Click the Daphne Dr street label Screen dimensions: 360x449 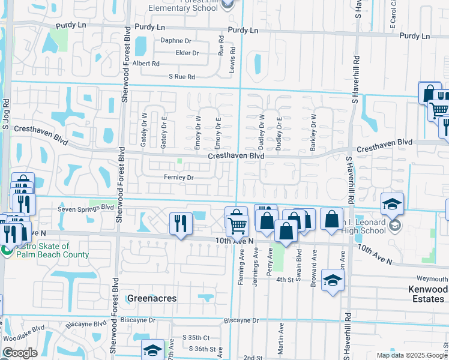175,41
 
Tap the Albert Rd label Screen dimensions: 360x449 146,64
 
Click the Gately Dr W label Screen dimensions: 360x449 145,124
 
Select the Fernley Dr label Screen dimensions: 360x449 178,178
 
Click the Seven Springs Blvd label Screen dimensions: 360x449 85,209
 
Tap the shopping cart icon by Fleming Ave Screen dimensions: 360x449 238,226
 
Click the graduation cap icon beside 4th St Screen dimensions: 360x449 333,280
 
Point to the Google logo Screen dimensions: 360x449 20,353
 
